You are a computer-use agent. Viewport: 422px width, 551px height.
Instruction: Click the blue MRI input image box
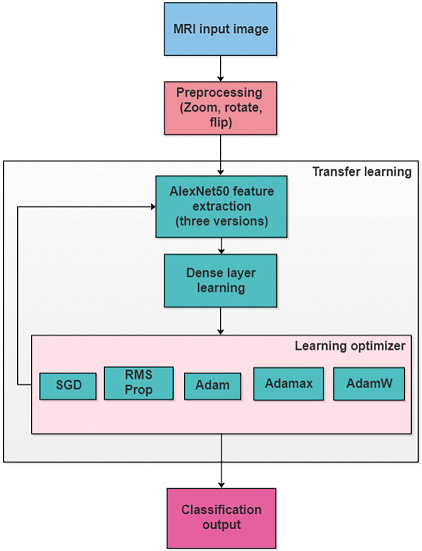[x=220, y=29]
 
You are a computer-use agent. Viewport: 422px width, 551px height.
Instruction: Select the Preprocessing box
[x=220, y=108]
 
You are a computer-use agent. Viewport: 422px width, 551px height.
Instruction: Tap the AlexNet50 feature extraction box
[x=221, y=207]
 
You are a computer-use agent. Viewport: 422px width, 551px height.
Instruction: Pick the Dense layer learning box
[x=220, y=281]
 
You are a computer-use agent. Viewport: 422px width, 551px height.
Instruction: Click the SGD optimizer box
[x=68, y=386]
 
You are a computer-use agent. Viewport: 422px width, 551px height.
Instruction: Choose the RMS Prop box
[x=139, y=383]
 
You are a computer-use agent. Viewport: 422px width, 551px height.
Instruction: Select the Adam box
[x=212, y=386]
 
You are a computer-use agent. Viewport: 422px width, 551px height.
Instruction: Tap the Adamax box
[x=289, y=384]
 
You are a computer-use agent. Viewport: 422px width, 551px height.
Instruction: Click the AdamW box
[x=369, y=384]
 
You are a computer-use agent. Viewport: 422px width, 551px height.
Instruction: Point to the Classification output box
[x=221, y=518]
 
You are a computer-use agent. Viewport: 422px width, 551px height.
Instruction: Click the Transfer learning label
[x=362, y=172]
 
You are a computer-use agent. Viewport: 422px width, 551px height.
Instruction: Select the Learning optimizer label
[x=350, y=346]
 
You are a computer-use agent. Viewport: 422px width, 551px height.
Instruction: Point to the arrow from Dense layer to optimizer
[x=221, y=321]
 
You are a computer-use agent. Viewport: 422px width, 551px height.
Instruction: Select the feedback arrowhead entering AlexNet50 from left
[x=153, y=207]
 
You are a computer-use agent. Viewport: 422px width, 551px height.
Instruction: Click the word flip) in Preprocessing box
[x=221, y=123]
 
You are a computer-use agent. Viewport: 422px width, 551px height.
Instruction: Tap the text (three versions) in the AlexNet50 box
[x=222, y=221]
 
